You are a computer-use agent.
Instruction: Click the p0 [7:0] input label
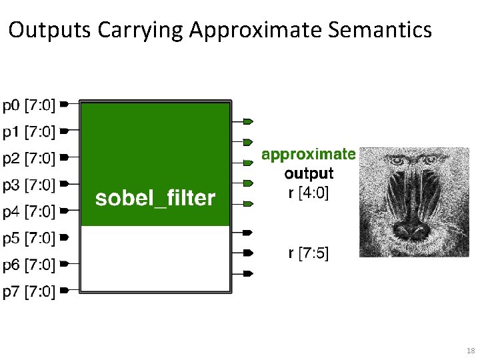click(29, 105)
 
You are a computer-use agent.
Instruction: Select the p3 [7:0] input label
click(29, 185)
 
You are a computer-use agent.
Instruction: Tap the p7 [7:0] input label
click(29, 291)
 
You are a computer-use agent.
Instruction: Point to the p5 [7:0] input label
click(29, 237)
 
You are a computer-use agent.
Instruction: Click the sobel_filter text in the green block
click(155, 198)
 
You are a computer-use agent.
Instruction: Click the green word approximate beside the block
click(308, 154)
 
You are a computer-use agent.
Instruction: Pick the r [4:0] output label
click(308, 194)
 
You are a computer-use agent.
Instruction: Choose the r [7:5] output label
click(308, 253)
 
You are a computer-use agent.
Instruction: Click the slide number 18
click(470, 351)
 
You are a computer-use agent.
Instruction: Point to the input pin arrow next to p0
click(64, 105)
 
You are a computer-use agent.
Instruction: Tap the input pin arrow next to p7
click(64, 290)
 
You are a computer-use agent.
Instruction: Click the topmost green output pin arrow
click(247, 121)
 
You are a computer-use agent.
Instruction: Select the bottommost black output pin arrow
click(247, 273)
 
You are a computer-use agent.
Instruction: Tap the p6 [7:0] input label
click(29, 265)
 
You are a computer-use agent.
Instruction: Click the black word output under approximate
click(309, 174)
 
